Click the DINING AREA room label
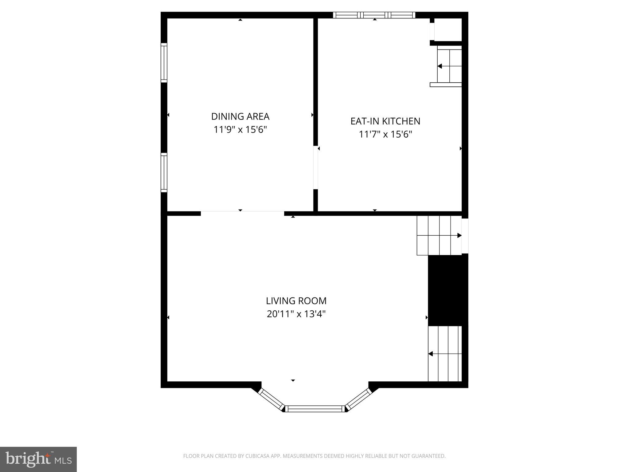point(240,116)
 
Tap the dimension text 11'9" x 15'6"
point(240,130)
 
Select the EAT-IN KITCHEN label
point(385,121)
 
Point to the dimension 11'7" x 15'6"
point(385,134)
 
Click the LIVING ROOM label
point(296,301)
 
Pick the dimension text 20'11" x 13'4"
point(296,314)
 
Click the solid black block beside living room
point(448,290)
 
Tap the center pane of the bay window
point(315,409)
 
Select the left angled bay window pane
point(271,399)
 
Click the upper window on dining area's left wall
point(164,63)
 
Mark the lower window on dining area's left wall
point(164,172)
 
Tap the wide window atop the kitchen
point(374,15)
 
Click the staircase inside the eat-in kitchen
point(449,66)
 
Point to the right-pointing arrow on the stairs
point(459,235)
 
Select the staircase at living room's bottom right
point(445,354)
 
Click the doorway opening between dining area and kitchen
point(315,167)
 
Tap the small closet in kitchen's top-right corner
point(448,29)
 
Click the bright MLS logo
point(38,459)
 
